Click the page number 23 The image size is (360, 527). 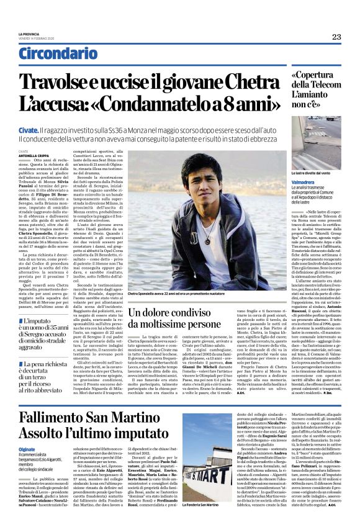point(336,37)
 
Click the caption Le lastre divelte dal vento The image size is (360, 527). point(294,174)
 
